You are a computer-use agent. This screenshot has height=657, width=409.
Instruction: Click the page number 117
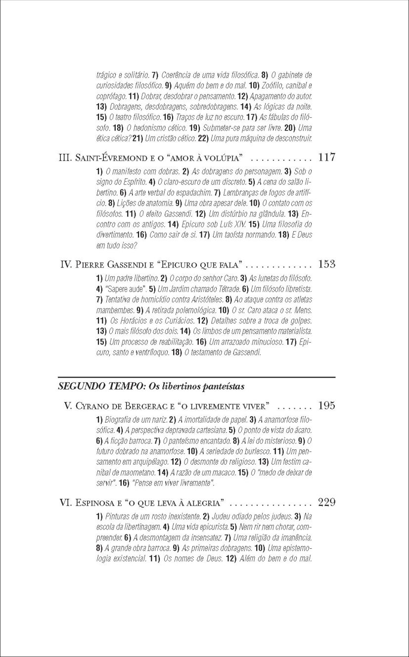[x=327, y=158]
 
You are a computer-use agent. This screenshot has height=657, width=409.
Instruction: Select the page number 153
[x=327, y=264]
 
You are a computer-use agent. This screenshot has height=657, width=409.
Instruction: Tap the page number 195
[x=327, y=406]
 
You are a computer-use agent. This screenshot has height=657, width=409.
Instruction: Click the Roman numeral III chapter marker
[x=66, y=158]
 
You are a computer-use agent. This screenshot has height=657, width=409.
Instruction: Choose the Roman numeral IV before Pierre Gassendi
[x=66, y=264]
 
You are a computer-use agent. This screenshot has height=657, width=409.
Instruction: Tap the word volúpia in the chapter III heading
[x=223, y=158]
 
